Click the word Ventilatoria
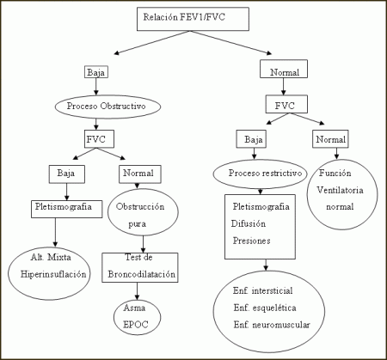pos(340,190)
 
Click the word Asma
pos(134,308)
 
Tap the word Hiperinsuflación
pos(53,274)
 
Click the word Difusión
pos(249,223)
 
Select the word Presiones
pos(251,241)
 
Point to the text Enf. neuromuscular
pos(272,325)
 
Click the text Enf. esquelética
pos(265,308)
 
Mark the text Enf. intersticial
pos(263,290)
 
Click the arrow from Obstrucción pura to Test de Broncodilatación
pos(143,244)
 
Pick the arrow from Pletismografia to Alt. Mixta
pos(55,232)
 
